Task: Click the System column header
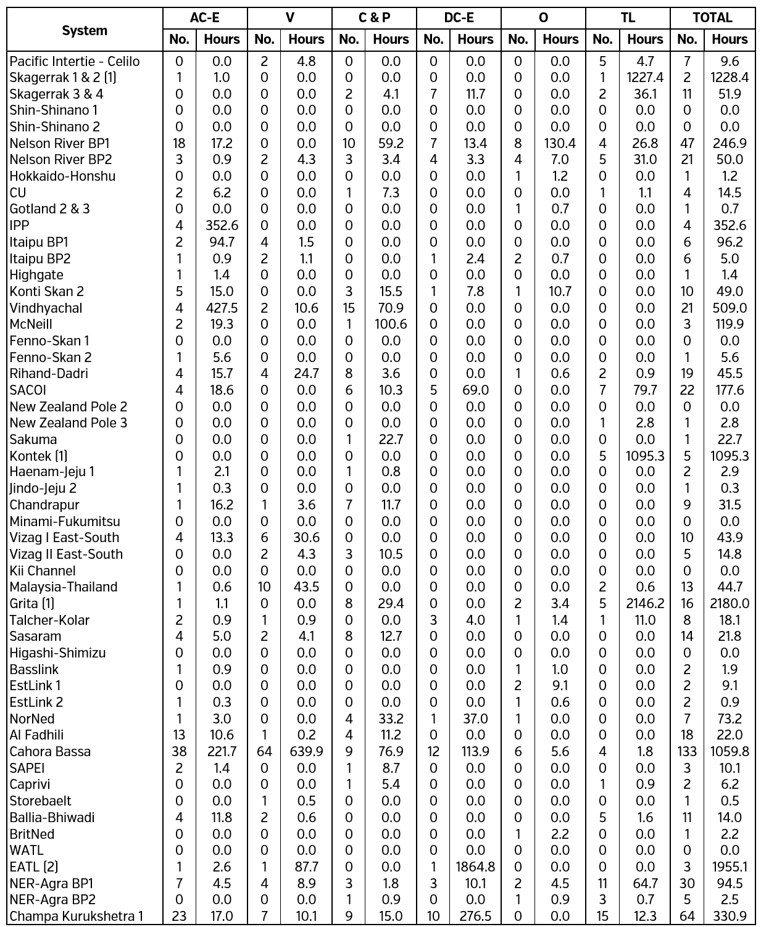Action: click(x=85, y=30)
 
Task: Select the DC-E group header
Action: click(x=459, y=18)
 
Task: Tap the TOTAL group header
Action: click(x=712, y=18)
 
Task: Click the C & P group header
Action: click(x=374, y=18)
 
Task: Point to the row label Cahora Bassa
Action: click(x=50, y=751)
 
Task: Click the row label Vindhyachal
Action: click(x=46, y=308)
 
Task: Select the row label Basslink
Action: click(x=34, y=669)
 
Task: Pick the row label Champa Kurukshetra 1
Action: click(x=76, y=916)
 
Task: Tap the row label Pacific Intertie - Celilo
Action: click(x=75, y=61)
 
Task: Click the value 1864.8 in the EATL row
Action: click(x=475, y=867)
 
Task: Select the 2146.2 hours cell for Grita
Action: click(x=645, y=603)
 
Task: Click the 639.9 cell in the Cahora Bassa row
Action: click(x=306, y=751)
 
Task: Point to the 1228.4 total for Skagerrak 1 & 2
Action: click(x=729, y=78)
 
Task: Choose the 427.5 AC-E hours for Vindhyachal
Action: click(x=222, y=308)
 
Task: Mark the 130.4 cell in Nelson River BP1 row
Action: click(x=560, y=143)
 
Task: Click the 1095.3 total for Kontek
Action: click(x=729, y=456)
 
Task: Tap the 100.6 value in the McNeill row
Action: click(x=391, y=324)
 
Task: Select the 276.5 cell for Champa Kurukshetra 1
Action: click(x=475, y=916)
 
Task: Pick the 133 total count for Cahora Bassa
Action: click(x=687, y=751)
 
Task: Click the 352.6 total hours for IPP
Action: click(x=729, y=225)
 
